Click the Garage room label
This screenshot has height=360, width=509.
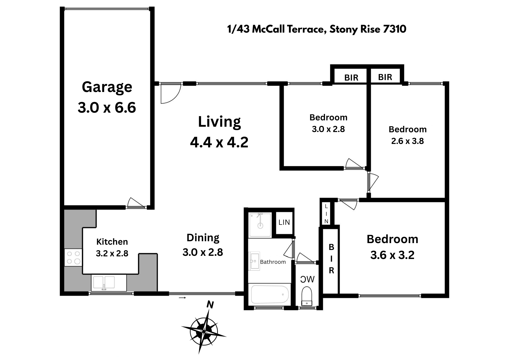pos(107,87)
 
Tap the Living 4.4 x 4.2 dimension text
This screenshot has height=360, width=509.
pos(219,142)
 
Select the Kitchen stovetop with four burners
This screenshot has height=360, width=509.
pos(73,257)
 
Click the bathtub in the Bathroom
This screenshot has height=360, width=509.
pos(270,294)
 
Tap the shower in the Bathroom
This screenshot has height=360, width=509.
pos(260,225)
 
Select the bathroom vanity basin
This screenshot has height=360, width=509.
pos(254,261)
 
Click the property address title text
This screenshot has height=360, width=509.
pos(317,29)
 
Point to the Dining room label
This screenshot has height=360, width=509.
pos(203,238)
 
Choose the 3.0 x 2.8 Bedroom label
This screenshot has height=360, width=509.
pos(328,123)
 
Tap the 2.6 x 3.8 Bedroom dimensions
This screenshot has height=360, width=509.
pos(407,141)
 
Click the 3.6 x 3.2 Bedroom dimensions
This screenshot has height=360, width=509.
pos(392,255)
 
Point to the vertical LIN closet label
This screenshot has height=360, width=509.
pos(326,214)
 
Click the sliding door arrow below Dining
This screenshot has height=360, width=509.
pos(182,298)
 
